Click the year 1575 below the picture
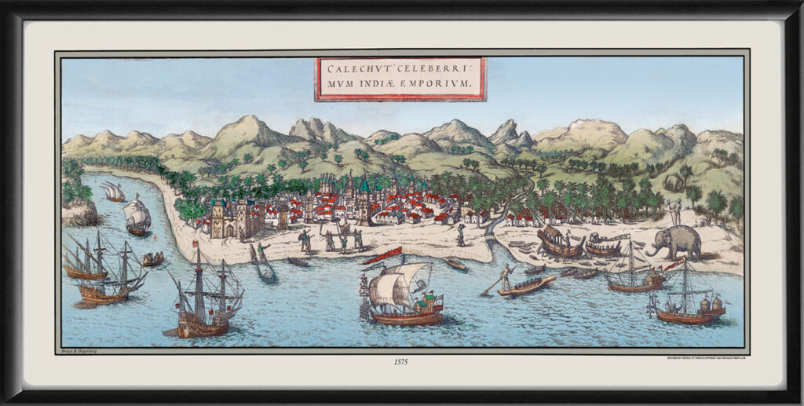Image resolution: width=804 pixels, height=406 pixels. click(x=401, y=363)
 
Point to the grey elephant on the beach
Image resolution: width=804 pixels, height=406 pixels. click(x=678, y=240)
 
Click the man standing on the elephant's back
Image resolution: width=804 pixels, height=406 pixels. click(x=674, y=210)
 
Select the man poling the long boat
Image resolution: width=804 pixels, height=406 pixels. click(x=507, y=276)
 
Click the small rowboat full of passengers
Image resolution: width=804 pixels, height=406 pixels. click(x=152, y=258)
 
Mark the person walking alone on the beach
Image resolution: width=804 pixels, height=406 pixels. click(x=461, y=234)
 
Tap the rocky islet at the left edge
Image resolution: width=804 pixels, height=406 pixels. click(x=79, y=210)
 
